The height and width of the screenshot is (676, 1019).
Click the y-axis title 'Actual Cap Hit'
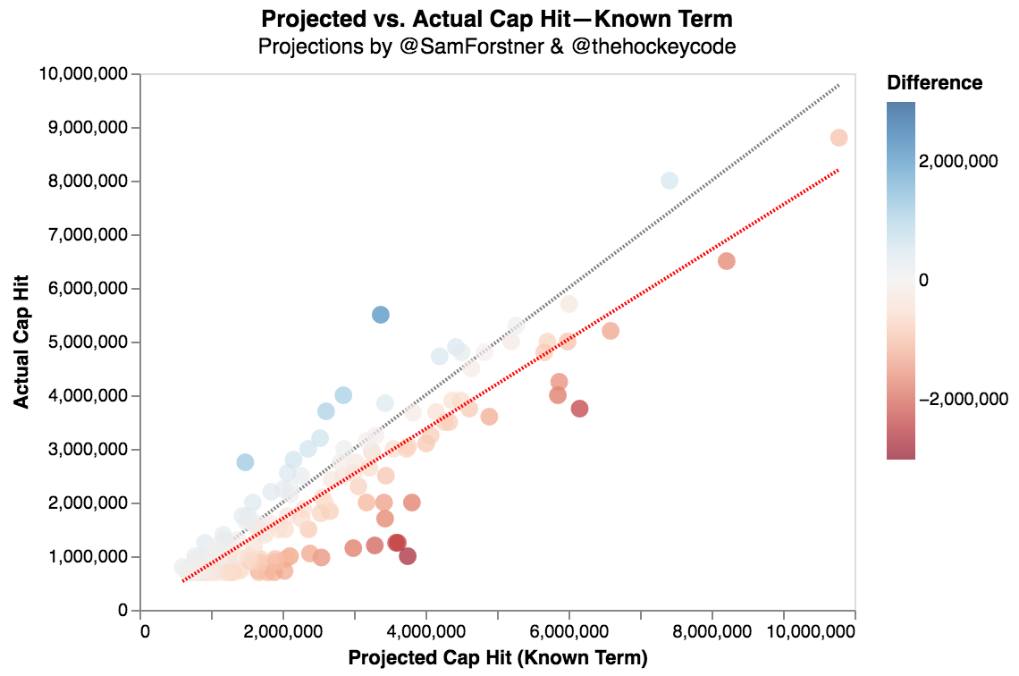point(22,342)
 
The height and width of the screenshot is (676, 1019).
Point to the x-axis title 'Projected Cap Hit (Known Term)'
point(497,658)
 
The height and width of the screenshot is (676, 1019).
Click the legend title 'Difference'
point(934,83)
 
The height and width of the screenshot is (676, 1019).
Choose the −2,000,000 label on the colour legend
point(964,399)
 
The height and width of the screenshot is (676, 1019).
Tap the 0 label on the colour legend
point(924,280)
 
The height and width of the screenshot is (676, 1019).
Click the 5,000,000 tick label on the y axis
point(88,342)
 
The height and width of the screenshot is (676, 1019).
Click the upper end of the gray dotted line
point(838,85)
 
